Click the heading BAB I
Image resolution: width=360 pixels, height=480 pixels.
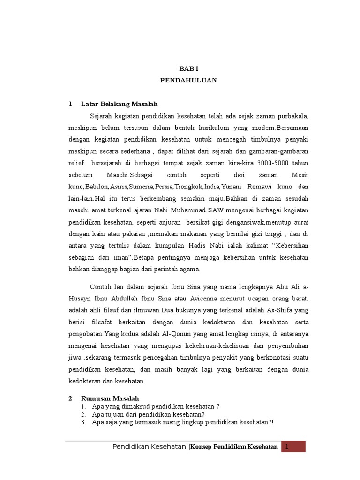coord(188,68)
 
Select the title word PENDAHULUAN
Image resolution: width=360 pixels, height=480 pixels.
coord(188,80)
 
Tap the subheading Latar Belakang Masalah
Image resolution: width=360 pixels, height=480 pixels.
coord(119,104)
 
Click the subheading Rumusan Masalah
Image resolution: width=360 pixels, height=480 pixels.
coord(110,398)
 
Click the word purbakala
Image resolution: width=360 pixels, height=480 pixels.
coord(290,116)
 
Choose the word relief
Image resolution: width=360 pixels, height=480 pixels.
coord(76,163)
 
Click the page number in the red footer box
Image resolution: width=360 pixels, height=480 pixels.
coord(293,447)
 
